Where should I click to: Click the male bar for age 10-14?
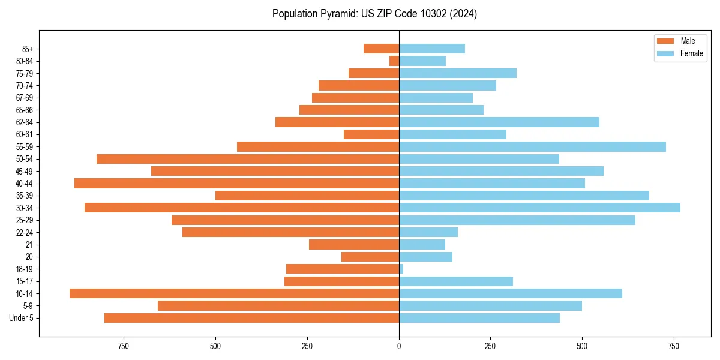coord(234,293)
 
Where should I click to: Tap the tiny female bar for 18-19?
coord(401,269)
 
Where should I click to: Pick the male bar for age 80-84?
coord(394,61)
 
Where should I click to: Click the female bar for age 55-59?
coord(532,146)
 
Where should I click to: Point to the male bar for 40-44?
coord(236,183)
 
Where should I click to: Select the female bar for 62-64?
coord(499,122)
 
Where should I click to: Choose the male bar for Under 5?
coord(251,318)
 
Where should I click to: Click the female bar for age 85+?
coord(432,49)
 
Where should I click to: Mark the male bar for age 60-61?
coord(371,134)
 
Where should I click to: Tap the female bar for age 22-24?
coord(428,232)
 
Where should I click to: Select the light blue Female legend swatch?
coord(666,53)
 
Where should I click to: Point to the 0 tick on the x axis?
coord(399,346)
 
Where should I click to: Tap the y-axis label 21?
coord(29,245)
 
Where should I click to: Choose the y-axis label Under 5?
coord(22,318)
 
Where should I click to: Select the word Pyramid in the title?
coord(337,14)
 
